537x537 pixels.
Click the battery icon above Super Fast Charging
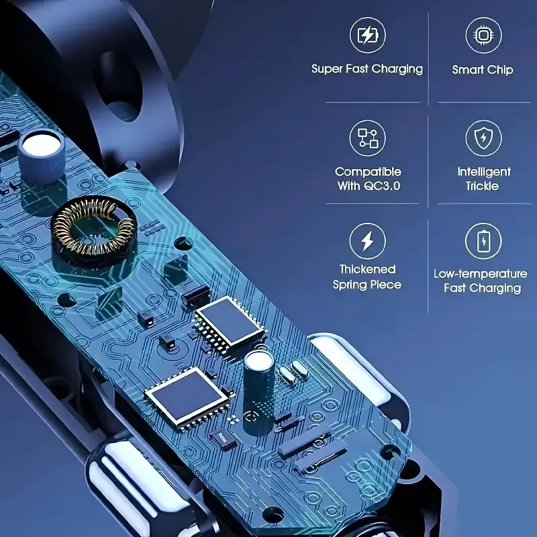(367, 35)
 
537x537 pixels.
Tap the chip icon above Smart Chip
(483, 36)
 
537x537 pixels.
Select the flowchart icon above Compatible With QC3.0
(367, 138)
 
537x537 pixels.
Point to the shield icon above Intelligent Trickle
(483, 138)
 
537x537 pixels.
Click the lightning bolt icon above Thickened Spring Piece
(367, 241)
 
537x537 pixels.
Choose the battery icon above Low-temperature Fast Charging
(483, 241)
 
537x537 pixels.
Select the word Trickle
(482, 186)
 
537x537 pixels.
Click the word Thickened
(367, 269)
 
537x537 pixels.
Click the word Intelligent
(484, 172)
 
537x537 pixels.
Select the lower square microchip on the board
(187, 396)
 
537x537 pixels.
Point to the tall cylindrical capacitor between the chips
(258, 391)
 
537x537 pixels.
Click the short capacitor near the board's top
(41, 154)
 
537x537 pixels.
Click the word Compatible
(368, 172)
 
